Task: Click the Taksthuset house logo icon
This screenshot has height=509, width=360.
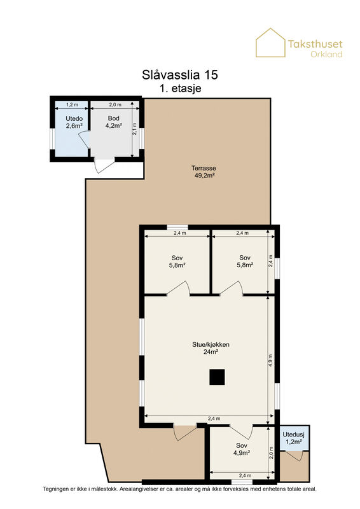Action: pyautogui.click(x=270, y=43)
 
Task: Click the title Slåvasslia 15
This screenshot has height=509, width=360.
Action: pyautogui.click(x=180, y=74)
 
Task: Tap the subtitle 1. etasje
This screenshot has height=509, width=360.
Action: pyautogui.click(x=181, y=88)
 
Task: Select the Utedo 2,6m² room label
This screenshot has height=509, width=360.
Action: pyautogui.click(x=74, y=122)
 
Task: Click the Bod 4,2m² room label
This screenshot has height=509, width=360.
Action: pyautogui.click(x=114, y=122)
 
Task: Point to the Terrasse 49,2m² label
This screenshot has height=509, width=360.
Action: pyautogui.click(x=204, y=172)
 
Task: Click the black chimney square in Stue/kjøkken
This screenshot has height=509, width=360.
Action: pyautogui.click(x=217, y=377)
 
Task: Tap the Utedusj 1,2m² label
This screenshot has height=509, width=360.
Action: pyautogui.click(x=293, y=438)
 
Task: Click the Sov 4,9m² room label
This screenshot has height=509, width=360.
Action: pyautogui.click(x=242, y=449)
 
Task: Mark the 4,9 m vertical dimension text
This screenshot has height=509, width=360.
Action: pyautogui.click(x=270, y=360)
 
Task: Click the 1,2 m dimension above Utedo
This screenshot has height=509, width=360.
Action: pyautogui.click(x=72, y=104)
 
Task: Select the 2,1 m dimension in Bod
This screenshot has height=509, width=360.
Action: pyautogui.click(x=134, y=129)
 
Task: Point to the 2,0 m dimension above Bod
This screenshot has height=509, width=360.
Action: pyautogui.click(x=115, y=104)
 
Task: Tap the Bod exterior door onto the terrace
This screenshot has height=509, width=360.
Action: pyautogui.click(x=103, y=165)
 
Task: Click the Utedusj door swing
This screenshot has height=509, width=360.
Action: pyautogui.click(x=294, y=456)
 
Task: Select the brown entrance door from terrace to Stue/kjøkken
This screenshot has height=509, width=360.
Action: pyautogui.click(x=184, y=432)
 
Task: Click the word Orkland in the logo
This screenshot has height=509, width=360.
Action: pyautogui.click(x=326, y=54)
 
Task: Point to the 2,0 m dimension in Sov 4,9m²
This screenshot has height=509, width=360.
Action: pyautogui.click(x=271, y=452)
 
